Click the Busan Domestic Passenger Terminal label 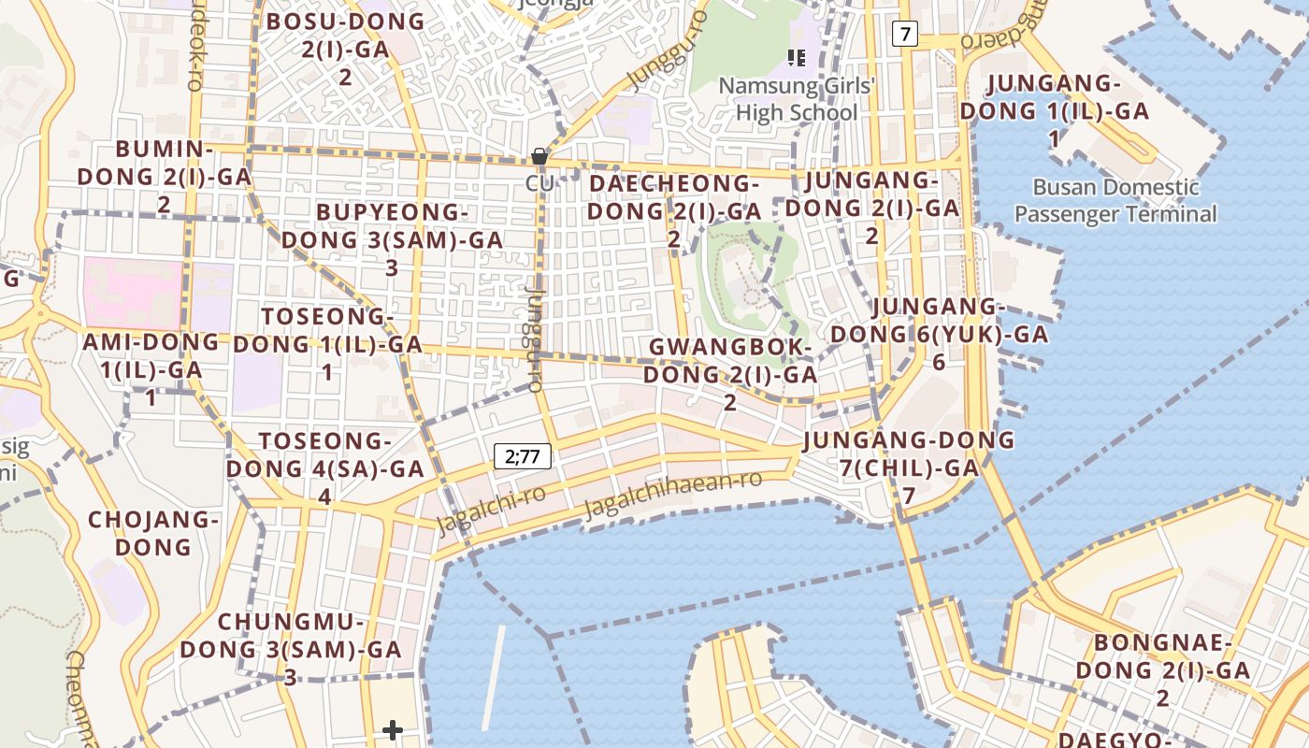click(x=1115, y=201)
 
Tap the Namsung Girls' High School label click(x=797, y=100)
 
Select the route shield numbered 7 click(x=904, y=35)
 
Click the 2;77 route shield click(x=523, y=456)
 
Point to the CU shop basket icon click(x=539, y=156)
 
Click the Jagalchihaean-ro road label click(x=673, y=496)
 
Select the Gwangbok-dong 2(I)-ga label click(x=730, y=374)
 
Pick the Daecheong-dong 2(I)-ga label click(x=673, y=210)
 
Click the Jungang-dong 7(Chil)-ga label click(x=908, y=467)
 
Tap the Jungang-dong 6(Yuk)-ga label click(x=939, y=334)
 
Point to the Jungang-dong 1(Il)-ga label click(x=1054, y=110)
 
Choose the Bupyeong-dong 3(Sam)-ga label click(x=392, y=239)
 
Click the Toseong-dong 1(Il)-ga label click(x=327, y=343)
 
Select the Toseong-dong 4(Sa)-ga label click(x=324, y=467)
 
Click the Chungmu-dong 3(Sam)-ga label click(x=290, y=648)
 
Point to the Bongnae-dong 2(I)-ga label click(x=1162, y=669)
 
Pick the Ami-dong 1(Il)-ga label click(x=151, y=368)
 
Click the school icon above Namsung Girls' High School click(x=797, y=58)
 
